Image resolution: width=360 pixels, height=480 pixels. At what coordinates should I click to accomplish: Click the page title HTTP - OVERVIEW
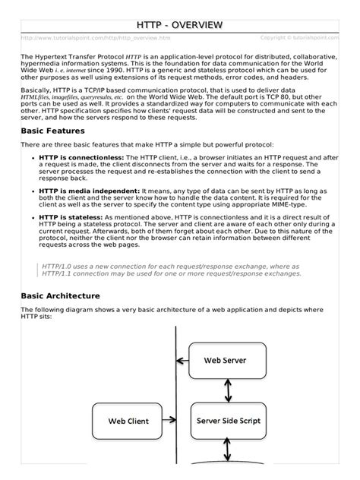(180, 26)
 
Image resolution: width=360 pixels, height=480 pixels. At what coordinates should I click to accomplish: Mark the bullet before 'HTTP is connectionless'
(33, 157)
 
